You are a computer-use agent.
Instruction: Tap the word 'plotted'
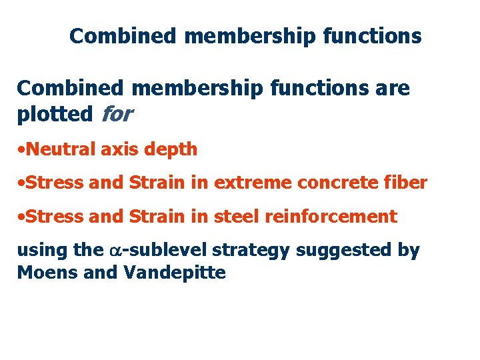(55, 115)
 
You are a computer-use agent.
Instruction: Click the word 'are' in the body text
(393, 88)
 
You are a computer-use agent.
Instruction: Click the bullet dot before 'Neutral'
(21, 150)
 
